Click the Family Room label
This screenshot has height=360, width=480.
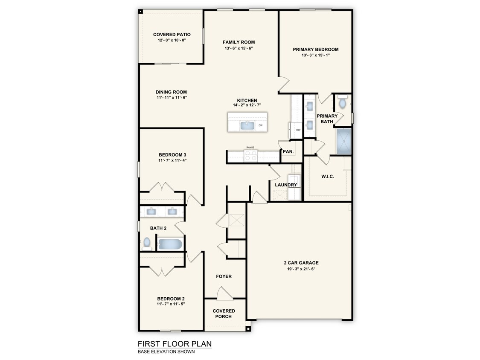coord(239,42)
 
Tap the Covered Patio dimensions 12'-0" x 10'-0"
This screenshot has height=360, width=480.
coord(172,40)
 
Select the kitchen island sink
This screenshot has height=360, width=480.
coord(247,125)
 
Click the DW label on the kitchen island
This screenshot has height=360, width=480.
coord(260,125)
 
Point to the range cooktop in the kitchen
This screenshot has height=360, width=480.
coord(250,157)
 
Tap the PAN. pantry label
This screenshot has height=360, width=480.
coord(288,151)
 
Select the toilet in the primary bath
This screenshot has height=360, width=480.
coord(342,103)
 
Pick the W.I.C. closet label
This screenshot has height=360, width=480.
coord(327,177)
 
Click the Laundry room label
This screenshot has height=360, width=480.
coord(286,185)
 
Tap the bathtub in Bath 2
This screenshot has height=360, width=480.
coord(170,244)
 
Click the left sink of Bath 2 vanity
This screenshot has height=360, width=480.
coord(151,211)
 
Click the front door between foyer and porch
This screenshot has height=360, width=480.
coord(224,293)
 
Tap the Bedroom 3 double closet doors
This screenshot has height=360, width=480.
coord(162,187)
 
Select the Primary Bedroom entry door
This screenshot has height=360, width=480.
coord(284,85)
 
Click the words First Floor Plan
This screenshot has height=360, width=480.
coord(175,344)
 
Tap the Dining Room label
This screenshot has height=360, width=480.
coord(171,92)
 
